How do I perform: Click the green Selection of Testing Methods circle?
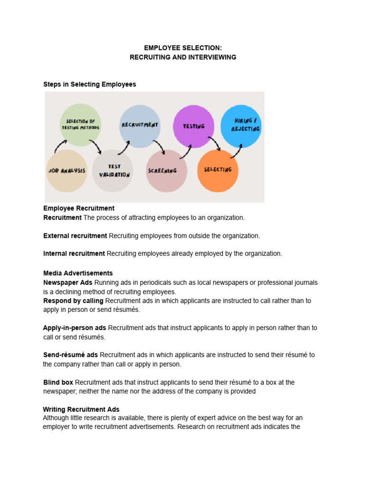80,125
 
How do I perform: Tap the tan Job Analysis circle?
67,170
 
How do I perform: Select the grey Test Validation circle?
113,171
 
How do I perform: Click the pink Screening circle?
163,171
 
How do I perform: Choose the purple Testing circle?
193,126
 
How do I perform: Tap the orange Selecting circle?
217,170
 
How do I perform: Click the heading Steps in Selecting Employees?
90,84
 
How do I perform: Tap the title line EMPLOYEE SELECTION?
183,48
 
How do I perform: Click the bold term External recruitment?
75,235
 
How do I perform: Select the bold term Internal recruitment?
74,253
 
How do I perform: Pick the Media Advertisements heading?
78,273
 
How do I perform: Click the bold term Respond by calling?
73,301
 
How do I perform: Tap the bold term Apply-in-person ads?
75,328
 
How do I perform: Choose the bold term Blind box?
58,382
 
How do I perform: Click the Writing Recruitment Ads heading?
81,409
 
